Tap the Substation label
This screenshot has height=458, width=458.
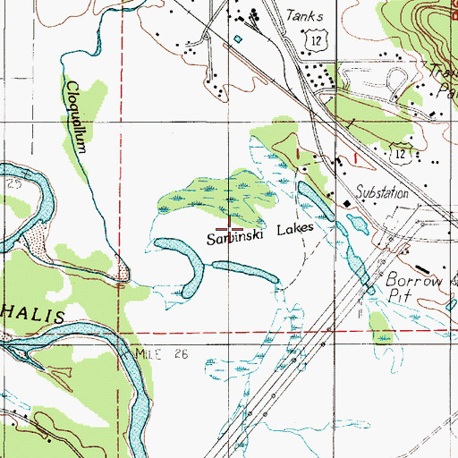[382, 193]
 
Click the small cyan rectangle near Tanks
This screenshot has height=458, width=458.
[238, 38]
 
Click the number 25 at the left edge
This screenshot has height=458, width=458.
[13, 182]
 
